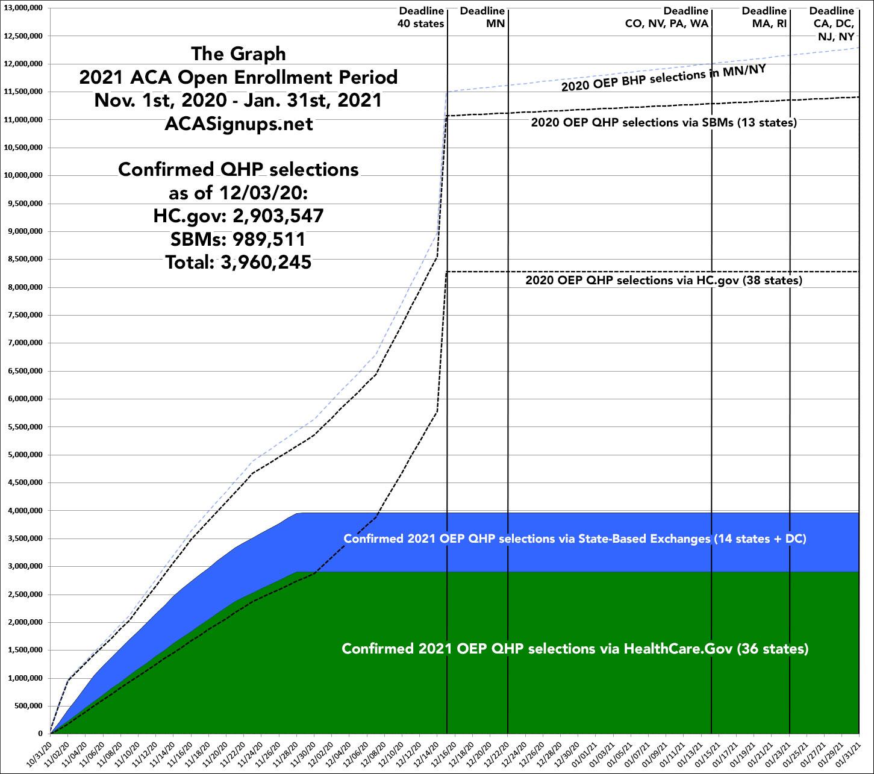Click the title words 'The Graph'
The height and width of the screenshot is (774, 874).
click(x=239, y=54)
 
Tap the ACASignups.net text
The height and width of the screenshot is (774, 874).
click(x=239, y=123)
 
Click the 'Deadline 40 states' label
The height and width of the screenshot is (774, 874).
click(x=420, y=17)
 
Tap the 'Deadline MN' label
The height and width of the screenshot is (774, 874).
click(x=482, y=17)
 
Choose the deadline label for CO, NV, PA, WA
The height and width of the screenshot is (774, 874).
click(x=667, y=17)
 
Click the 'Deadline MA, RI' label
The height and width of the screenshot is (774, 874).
click(x=764, y=17)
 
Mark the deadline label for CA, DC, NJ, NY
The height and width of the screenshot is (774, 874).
click(x=831, y=23)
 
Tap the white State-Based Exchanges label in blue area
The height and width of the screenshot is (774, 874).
click(x=575, y=538)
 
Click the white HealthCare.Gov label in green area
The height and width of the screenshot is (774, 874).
click(x=575, y=649)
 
